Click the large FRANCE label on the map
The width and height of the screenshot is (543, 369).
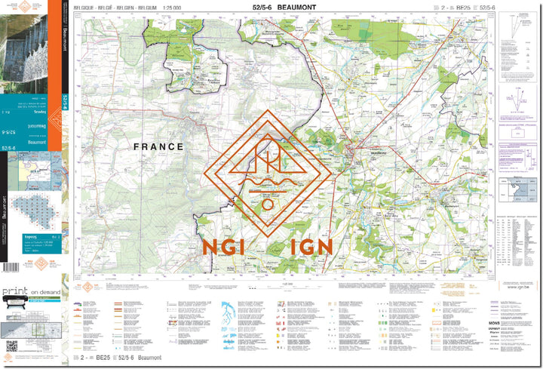coord(158,146)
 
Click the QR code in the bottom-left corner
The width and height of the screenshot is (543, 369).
coord(11,346)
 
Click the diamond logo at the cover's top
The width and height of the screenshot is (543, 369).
coord(26,7)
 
